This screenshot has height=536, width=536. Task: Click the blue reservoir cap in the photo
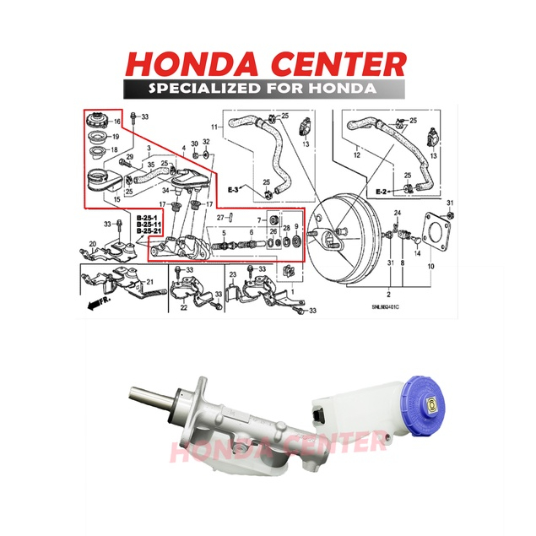click(x=432, y=402)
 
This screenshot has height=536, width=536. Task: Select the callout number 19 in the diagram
click(x=116, y=136)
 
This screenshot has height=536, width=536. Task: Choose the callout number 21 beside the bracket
click(x=150, y=281)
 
